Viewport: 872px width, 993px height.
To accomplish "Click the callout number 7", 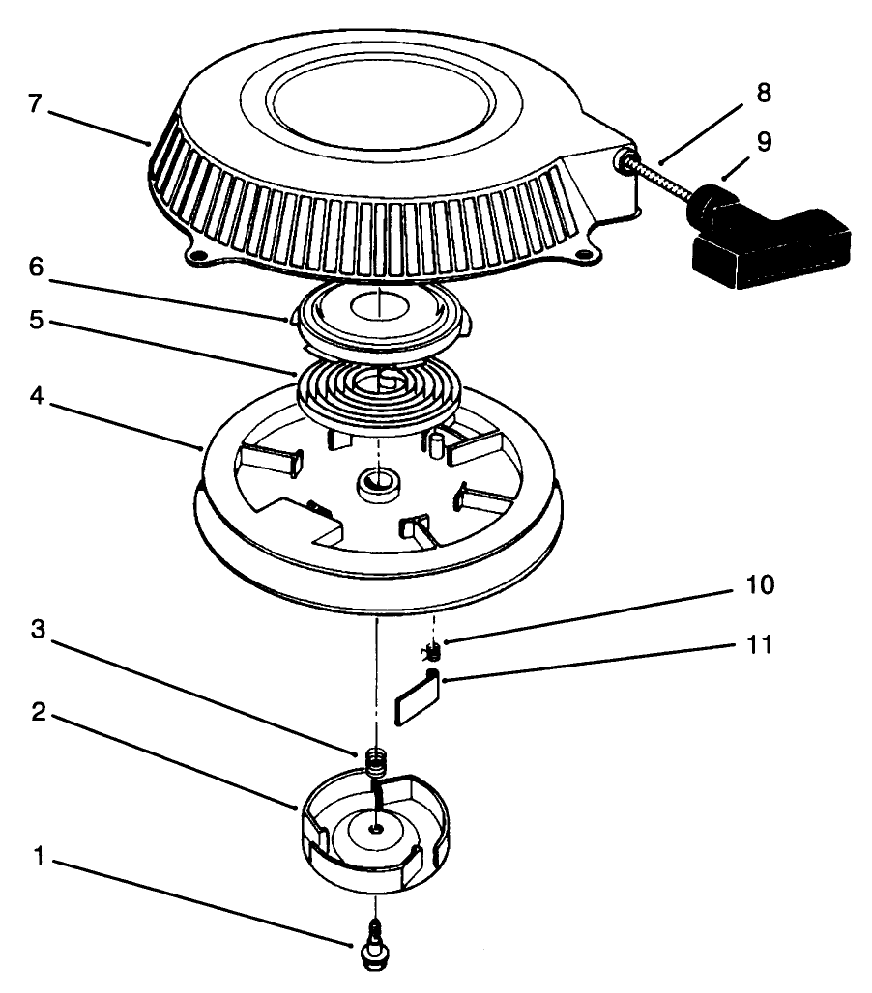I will [x=35, y=104].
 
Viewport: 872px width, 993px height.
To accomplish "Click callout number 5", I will [x=35, y=320].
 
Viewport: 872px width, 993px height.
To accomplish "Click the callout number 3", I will [x=35, y=630].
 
